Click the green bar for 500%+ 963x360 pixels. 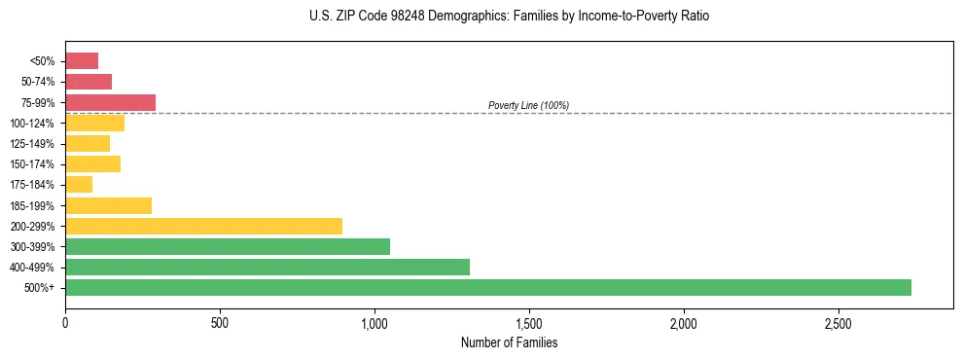(487, 287)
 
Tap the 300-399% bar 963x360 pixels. (228, 246)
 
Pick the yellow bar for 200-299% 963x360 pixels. (203, 226)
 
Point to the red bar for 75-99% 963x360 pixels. (110, 102)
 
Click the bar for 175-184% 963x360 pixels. (79, 184)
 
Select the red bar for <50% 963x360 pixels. (82, 60)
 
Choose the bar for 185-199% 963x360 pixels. (108, 205)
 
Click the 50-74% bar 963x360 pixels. (89, 82)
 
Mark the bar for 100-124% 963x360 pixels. (94, 123)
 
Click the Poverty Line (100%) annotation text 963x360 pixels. (528, 105)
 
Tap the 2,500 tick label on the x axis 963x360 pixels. (838, 322)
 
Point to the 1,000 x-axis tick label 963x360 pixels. (374, 322)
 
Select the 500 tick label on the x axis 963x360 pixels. (220, 322)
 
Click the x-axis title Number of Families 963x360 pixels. (509, 342)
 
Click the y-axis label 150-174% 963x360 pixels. (32, 164)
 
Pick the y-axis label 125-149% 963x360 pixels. (32, 144)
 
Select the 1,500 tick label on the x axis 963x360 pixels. (529, 322)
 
